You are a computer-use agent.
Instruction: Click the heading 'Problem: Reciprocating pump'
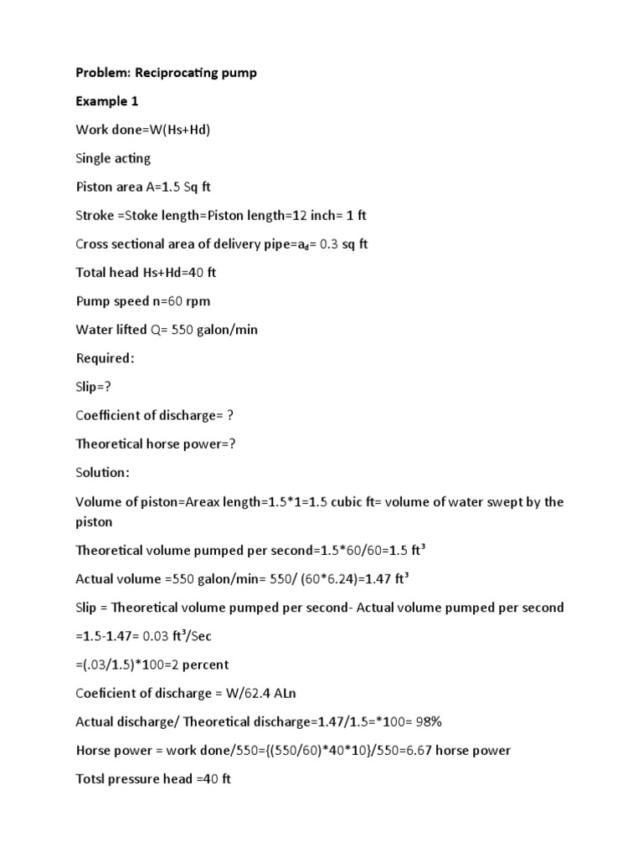[x=166, y=73]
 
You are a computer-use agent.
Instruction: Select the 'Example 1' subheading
[x=106, y=101]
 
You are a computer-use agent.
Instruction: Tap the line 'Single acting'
[x=113, y=158]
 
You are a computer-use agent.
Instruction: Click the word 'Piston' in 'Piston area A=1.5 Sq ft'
[x=94, y=187]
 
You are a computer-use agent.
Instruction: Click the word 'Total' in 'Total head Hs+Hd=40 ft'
[x=92, y=272]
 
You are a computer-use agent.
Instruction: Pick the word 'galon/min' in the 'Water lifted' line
[x=227, y=330]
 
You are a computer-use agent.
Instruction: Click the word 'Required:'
[x=105, y=358]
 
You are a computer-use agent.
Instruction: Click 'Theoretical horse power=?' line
[x=156, y=444]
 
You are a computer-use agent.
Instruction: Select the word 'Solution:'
[x=103, y=472]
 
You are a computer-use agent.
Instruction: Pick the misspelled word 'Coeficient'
[x=108, y=693]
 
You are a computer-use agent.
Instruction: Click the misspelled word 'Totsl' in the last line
[x=92, y=778]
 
